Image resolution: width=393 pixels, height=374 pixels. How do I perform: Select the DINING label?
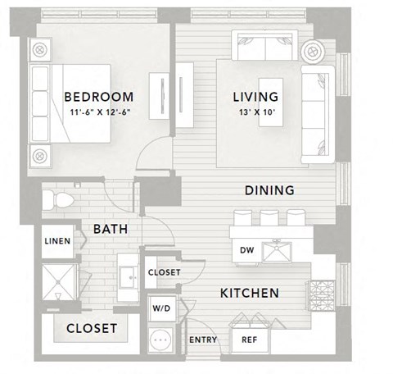click(x=269, y=190)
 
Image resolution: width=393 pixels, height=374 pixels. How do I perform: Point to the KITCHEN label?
click(x=250, y=293)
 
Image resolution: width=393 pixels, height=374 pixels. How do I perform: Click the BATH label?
click(x=109, y=230)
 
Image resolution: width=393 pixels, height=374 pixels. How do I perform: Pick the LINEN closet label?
click(x=56, y=241)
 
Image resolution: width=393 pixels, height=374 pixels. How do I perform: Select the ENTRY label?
click(x=202, y=340)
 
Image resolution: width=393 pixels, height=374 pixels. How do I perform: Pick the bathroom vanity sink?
click(x=129, y=273)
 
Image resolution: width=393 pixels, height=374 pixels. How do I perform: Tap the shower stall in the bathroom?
click(x=56, y=282)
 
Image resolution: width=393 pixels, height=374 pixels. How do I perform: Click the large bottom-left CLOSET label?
click(x=91, y=328)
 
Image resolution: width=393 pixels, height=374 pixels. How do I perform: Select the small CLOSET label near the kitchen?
click(x=164, y=272)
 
